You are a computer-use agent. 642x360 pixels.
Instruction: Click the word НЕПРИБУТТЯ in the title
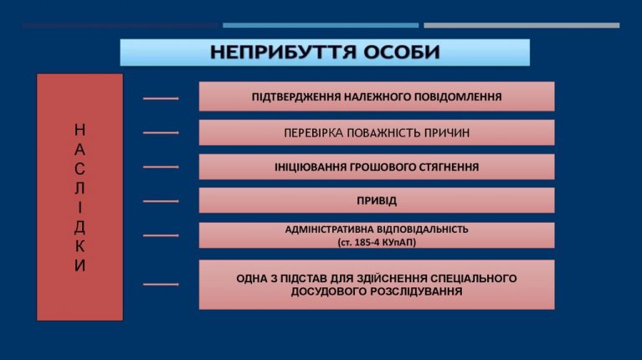tap(283, 53)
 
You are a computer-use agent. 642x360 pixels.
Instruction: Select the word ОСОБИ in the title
tap(402, 53)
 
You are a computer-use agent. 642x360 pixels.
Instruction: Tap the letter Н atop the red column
tap(80, 130)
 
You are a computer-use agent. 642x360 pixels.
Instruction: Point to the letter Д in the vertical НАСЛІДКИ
tap(80, 227)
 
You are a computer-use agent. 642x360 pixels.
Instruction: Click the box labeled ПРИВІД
tap(377, 200)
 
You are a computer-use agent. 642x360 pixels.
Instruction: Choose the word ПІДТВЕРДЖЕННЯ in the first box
tap(296, 96)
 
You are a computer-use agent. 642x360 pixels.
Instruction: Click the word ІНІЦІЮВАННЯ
tap(311, 167)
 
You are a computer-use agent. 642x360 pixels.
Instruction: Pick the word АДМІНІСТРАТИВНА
tap(330, 229)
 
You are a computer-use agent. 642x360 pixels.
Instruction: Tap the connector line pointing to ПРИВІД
tap(161, 201)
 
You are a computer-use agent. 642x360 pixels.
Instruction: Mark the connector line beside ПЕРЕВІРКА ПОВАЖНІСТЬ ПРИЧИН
tap(161, 132)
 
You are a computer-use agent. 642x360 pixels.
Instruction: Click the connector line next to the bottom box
tap(161, 284)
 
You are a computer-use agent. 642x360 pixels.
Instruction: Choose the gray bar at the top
tap(521, 25)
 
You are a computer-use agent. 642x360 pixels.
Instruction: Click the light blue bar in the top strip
tap(321, 25)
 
